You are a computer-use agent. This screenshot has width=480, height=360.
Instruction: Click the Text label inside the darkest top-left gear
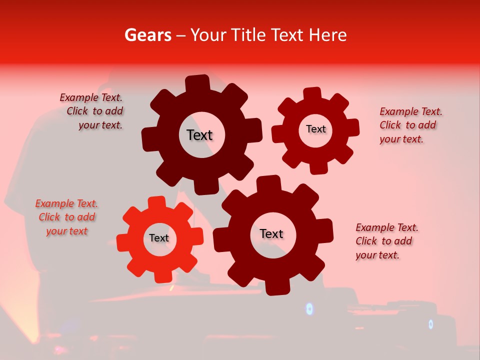pos(199,135)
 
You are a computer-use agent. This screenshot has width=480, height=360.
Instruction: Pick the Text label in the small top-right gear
pos(315,129)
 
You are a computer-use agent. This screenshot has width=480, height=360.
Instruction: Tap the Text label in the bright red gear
pos(159,238)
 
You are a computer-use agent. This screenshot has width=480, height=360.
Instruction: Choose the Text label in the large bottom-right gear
pos(271,233)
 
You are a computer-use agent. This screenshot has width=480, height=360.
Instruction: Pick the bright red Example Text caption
pos(66,217)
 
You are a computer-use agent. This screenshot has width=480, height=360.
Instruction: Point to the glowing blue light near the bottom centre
pos(309,309)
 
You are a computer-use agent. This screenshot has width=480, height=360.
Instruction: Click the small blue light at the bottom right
pos(430,324)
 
